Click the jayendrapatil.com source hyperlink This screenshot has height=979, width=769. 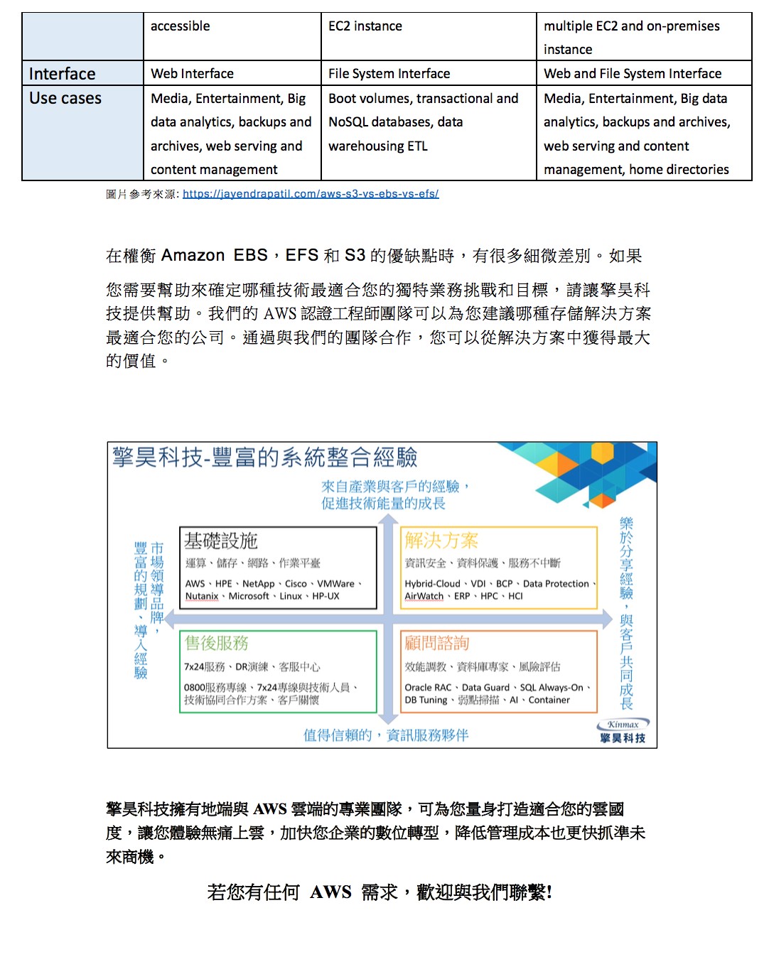click(x=311, y=193)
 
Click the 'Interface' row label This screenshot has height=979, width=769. click(x=63, y=74)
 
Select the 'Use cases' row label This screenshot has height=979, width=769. click(x=65, y=98)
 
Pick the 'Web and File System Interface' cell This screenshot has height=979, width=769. click(x=632, y=73)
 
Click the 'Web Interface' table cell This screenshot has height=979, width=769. click(x=192, y=73)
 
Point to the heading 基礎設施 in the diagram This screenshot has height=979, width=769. click(x=221, y=541)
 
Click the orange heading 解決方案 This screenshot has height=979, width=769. click(x=441, y=541)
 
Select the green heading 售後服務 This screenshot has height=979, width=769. click(x=217, y=643)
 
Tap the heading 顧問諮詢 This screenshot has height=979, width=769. click(x=437, y=643)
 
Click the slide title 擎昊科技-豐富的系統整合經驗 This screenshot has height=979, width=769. click(x=264, y=458)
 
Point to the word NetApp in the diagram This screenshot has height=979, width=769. click(x=258, y=584)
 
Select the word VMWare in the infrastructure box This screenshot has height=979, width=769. click(x=335, y=584)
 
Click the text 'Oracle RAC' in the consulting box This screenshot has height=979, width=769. click(x=428, y=688)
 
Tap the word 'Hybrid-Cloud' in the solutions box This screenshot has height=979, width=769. click(x=432, y=584)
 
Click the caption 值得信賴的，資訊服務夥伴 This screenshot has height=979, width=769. click(x=386, y=735)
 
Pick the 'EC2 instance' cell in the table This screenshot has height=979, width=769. click(x=365, y=26)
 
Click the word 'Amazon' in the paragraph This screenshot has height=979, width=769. click(x=193, y=256)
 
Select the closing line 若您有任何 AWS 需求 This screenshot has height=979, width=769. click(x=380, y=892)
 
